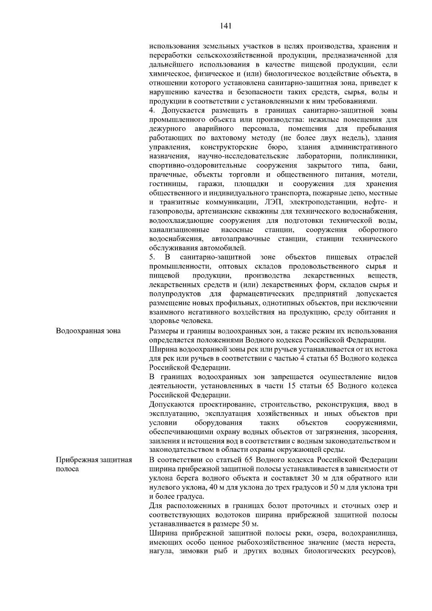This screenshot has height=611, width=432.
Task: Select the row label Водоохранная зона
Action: tap(88, 331)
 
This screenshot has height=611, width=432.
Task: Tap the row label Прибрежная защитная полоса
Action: tap(94, 465)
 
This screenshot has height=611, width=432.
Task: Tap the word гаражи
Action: tap(211, 184)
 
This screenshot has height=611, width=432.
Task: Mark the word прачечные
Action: tap(168, 175)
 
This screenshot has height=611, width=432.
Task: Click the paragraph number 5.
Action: tap(152, 257)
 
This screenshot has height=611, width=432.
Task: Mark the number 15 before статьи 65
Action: tap(292, 386)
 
